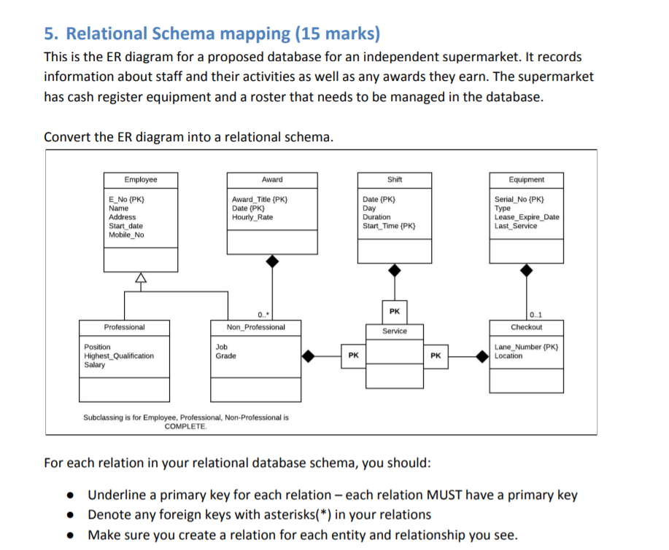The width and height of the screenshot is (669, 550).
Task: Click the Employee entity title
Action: (x=140, y=180)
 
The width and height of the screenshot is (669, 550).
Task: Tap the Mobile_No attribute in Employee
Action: (x=126, y=235)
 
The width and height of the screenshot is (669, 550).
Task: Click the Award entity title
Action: (x=272, y=180)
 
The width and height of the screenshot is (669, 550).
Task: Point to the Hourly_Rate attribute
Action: (x=252, y=217)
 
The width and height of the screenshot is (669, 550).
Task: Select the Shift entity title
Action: (x=394, y=180)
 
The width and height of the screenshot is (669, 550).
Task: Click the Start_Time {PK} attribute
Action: (x=390, y=226)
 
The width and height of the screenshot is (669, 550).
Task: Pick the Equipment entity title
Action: (x=525, y=180)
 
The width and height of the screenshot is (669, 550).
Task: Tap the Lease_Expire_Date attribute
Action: (x=527, y=217)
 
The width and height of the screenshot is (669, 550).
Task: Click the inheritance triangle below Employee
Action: (x=140, y=278)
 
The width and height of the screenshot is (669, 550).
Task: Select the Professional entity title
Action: (x=124, y=327)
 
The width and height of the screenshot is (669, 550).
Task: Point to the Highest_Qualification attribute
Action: (x=119, y=356)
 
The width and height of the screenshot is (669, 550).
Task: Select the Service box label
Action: (x=395, y=331)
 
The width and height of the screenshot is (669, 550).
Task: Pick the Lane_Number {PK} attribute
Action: (x=526, y=347)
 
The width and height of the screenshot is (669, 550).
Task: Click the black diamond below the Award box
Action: (x=272, y=259)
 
